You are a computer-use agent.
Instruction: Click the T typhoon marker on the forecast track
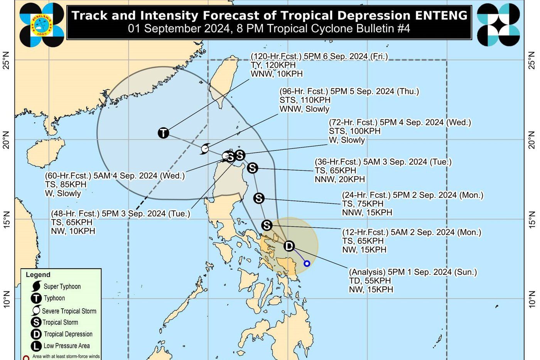(164, 133)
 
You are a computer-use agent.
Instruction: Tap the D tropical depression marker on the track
(289, 246)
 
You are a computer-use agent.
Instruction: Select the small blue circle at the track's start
(307, 264)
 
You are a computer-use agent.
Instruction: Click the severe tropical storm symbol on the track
(205, 149)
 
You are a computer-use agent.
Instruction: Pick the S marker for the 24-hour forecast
(259, 198)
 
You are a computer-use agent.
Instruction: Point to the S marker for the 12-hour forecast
(267, 225)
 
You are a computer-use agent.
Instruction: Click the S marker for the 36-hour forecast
(252, 168)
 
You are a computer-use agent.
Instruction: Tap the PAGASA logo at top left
(42, 24)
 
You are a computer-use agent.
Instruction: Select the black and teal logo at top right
(498, 25)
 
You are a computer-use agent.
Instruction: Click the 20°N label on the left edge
(6, 140)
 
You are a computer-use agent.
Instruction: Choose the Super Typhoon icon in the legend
(37, 286)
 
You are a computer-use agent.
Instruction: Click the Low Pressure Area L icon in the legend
(36, 346)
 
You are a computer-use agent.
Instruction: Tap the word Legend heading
(38, 275)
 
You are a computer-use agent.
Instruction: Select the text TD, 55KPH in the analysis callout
(370, 281)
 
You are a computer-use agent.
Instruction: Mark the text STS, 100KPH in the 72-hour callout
(354, 131)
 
